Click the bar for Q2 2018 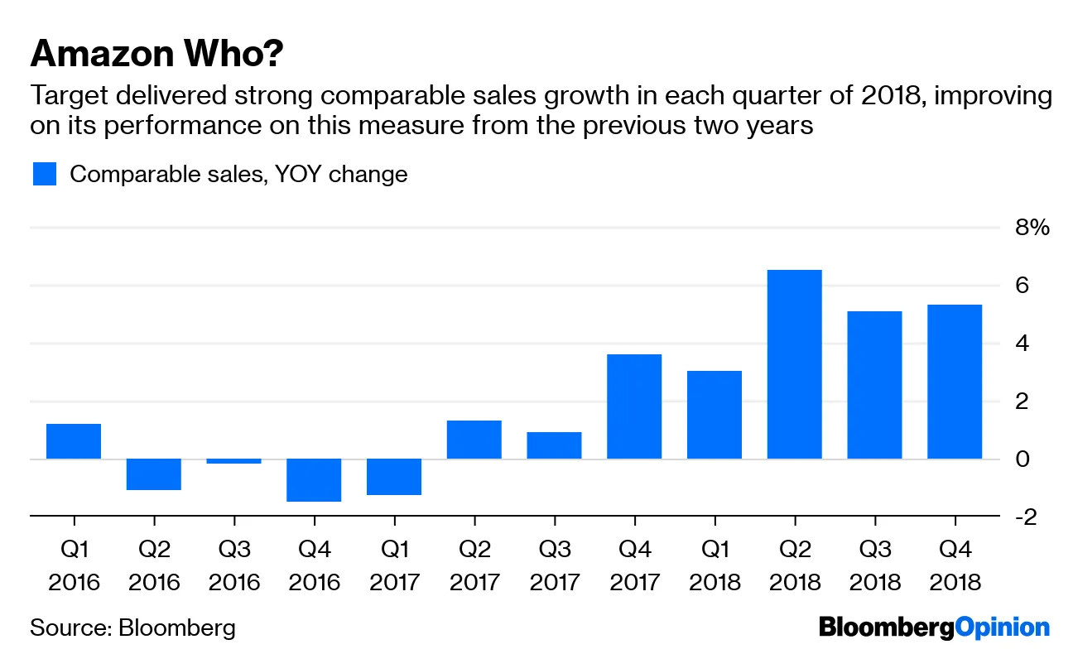[x=794, y=364]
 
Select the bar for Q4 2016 [x=315, y=480]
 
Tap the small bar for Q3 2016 [x=234, y=461]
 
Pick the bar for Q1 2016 [x=74, y=441]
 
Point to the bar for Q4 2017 [x=634, y=406]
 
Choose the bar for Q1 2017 [x=394, y=477]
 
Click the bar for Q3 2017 [x=554, y=445]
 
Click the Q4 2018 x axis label [x=955, y=565]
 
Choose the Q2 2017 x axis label [x=474, y=565]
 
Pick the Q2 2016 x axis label [x=153, y=565]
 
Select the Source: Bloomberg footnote [x=132, y=628]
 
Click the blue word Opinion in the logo [x=1002, y=628]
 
